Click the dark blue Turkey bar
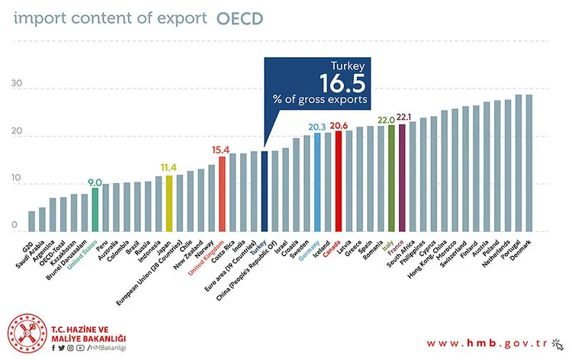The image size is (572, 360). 264,191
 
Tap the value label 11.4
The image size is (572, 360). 169,168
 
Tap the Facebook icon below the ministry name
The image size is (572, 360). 54,349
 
